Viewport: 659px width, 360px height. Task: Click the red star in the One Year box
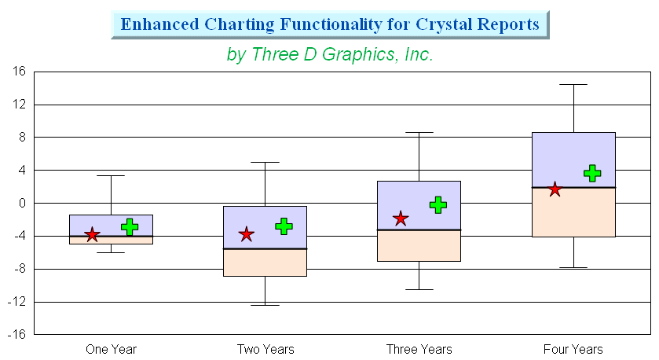tap(92, 235)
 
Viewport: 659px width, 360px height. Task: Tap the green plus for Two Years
tap(284, 226)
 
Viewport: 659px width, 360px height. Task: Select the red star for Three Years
tap(401, 219)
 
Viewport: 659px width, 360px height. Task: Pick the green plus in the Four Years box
tap(592, 173)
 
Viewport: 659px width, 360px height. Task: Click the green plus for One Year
tap(130, 226)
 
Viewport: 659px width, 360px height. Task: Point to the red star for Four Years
tap(555, 189)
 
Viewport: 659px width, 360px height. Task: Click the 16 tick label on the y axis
tap(19, 71)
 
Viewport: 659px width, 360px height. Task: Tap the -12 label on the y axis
tap(16, 302)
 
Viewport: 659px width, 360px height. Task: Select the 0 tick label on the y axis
tap(22, 203)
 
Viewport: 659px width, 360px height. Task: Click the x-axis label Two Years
tap(265, 350)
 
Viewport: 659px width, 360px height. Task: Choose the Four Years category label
tap(573, 350)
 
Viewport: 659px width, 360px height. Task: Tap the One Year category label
tap(112, 350)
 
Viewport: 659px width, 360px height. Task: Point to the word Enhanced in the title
tap(159, 24)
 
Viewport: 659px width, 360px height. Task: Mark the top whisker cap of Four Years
tap(573, 85)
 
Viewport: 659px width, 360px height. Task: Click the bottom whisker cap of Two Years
tap(265, 305)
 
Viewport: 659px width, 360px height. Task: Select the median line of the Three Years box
tap(419, 230)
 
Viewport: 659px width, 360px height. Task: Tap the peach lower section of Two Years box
tap(265, 263)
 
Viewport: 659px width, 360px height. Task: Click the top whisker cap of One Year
tap(111, 175)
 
